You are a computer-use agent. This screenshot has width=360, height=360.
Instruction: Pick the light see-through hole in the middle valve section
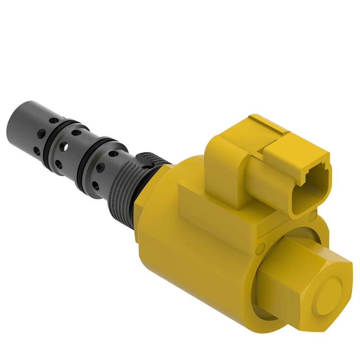click(65, 146)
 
